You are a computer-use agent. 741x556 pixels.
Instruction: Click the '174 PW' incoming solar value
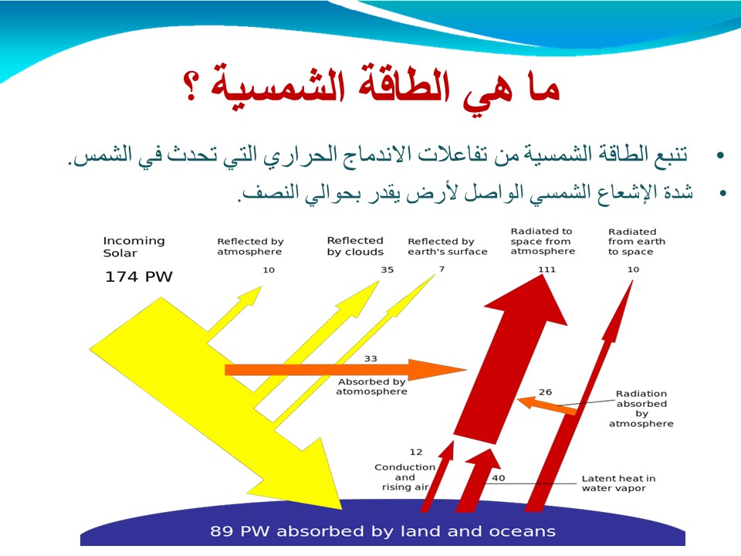[x=138, y=276]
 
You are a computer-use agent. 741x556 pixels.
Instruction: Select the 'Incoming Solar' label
[x=134, y=247]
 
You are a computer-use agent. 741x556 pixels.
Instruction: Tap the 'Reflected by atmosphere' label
[x=250, y=246]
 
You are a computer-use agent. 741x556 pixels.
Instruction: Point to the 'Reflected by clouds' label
[x=355, y=246]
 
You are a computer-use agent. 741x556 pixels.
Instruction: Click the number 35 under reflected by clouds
[x=387, y=270]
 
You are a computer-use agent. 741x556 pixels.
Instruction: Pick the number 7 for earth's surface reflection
[x=442, y=269]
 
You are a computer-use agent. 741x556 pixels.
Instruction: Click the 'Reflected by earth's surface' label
[x=447, y=246]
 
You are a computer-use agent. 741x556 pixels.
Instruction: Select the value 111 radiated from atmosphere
[x=546, y=270]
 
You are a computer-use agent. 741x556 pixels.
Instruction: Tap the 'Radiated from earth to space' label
[x=637, y=242]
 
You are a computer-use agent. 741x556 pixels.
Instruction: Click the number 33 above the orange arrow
[x=370, y=359]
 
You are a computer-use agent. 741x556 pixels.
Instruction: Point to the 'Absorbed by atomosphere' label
[x=371, y=387]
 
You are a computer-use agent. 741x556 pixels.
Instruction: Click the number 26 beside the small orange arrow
[x=545, y=392]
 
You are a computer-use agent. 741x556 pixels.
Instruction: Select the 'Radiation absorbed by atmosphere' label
[x=641, y=409]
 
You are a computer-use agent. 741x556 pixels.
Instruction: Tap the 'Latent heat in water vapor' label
[x=618, y=483]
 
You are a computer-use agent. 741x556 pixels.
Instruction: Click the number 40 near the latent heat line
[x=498, y=478]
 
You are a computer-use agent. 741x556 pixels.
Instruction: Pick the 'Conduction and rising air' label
[x=405, y=477]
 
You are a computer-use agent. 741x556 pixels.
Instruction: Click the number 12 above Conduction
[x=416, y=452]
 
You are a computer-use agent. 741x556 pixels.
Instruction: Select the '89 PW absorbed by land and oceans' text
[x=383, y=531]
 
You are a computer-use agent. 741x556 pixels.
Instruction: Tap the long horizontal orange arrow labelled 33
[x=346, y=369]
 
